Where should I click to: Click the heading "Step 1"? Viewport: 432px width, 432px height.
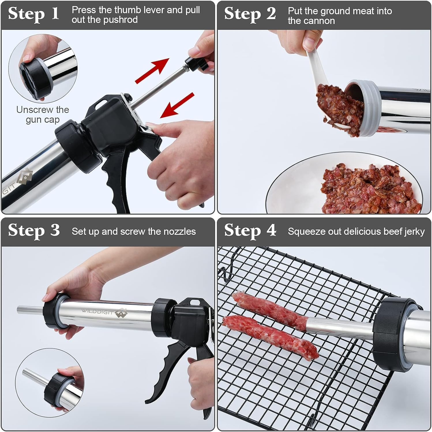point(33,14)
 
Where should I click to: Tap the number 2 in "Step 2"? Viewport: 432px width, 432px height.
point(271,14)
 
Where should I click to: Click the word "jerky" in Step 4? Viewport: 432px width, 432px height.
point(414,232)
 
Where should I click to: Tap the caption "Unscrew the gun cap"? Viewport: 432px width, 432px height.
point(42,114)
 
